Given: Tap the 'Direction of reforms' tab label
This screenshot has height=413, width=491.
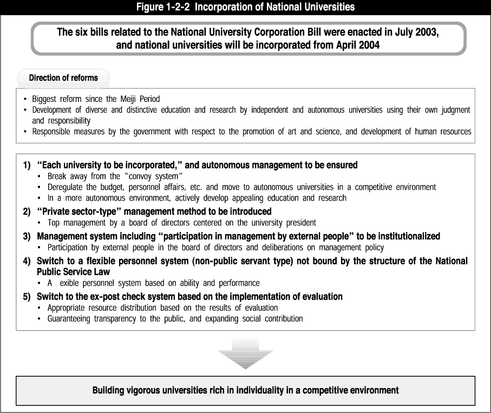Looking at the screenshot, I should [x=63, y=78].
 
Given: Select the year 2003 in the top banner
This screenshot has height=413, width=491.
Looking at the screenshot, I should [x=427, y=32].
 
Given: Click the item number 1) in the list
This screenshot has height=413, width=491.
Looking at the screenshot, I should [x=27, y=165].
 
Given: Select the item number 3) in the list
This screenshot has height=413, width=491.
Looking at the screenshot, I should [x=27, y=236].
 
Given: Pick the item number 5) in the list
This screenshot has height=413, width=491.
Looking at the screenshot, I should [x=27, y=296].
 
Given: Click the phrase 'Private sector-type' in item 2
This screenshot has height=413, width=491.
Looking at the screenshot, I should [x=80, y=211].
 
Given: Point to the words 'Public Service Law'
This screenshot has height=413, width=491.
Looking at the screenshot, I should [x=74, y=272].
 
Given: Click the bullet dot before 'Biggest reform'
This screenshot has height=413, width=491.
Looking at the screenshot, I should [x=25, y=99].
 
